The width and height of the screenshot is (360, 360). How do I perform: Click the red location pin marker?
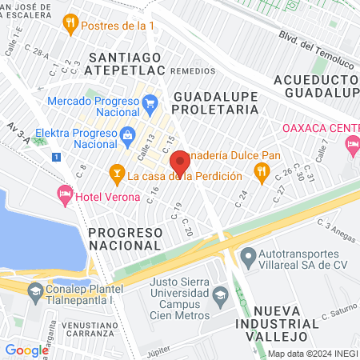click(x=181, y=162)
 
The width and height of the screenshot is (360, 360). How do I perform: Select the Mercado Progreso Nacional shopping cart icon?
click(x=150, y=102)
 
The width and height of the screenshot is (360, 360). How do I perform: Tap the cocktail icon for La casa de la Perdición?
click(x=116, y=174)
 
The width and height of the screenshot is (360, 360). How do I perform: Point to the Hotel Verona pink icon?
click(x=64, y=194)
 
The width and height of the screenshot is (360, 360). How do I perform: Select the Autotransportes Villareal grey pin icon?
click(x=247, y=256)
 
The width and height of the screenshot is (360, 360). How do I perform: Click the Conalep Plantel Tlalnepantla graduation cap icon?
click(x=34, y=293)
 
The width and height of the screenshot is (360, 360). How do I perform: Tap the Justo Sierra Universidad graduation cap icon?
click(x=220, y=298)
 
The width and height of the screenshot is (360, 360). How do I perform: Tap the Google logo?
click(x=26, y=350)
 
